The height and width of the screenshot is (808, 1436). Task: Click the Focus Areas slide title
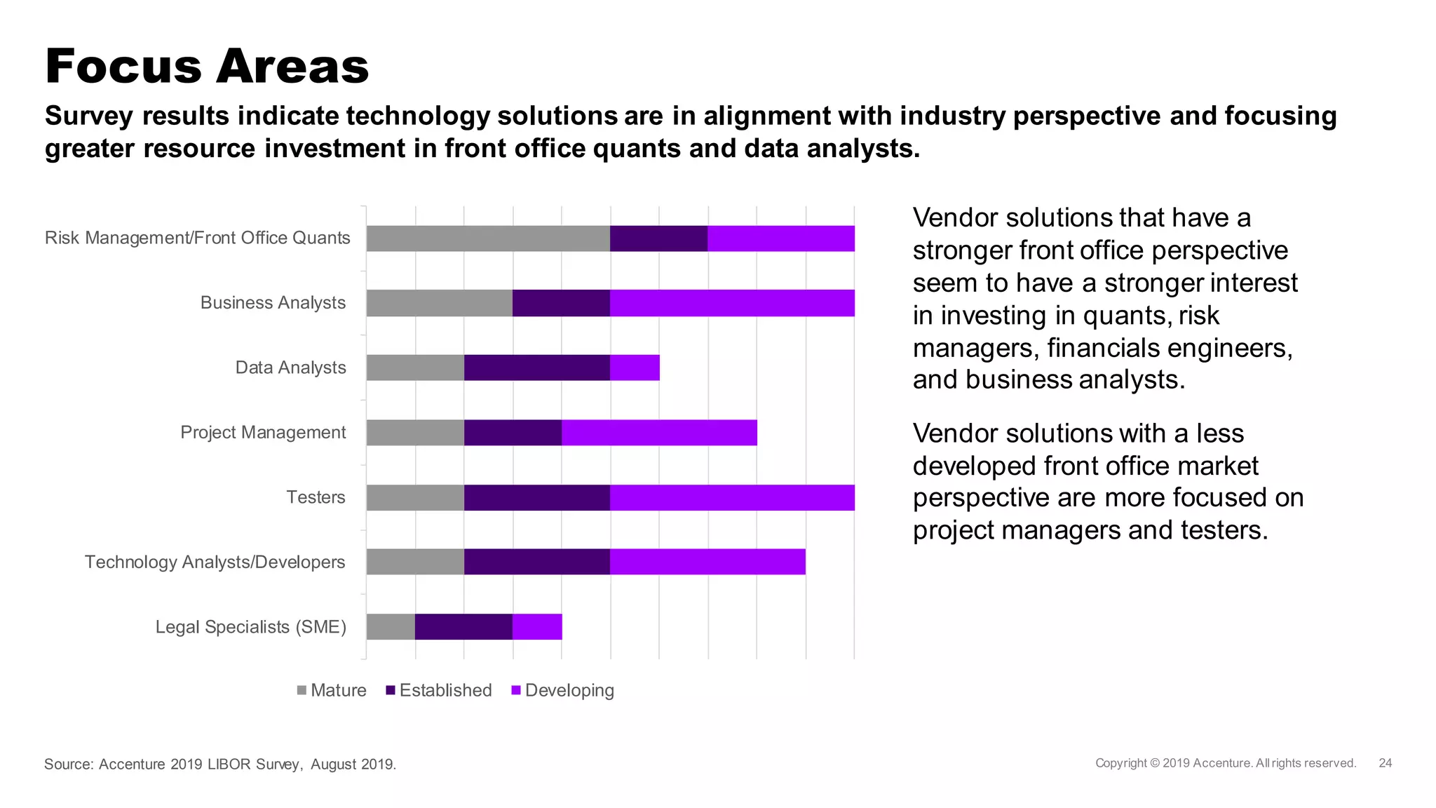click(x=207, y=67)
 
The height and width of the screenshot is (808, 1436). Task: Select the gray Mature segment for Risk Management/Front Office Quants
click(x=488, y=238)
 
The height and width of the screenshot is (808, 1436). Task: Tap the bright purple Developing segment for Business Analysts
click(x=732, y=303)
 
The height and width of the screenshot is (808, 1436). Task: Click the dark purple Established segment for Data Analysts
click(x=537, y=368)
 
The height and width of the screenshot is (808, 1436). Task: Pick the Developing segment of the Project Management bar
click(x=659, y=433)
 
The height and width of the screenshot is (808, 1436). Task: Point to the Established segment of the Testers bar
click(x=537, y=497)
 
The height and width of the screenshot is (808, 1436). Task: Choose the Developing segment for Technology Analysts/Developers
click(x=707, y=562)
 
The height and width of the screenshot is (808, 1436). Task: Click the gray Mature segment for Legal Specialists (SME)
click(x=391, y=627)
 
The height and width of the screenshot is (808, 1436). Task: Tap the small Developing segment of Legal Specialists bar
click(x=537, y=627)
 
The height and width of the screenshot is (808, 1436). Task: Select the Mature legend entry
click(x=332, y=690)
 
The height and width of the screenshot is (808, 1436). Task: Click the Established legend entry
click(x=439, y=690)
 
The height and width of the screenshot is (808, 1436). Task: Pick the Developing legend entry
click(x=563, y=690)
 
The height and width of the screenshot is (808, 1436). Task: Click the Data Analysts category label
click(x=290, y=368)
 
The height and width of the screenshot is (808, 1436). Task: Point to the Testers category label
click(x=316, y=497)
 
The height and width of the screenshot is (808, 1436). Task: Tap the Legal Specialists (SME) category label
click(x=250, y=627)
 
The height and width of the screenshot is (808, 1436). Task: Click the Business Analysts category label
click(x=273, y=303)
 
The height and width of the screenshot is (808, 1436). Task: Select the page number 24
click(x=1385, y=763)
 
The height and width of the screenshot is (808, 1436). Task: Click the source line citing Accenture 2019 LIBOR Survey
click(x=220, y=764)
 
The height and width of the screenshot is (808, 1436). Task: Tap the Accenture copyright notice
click(x=1226, y=763)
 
